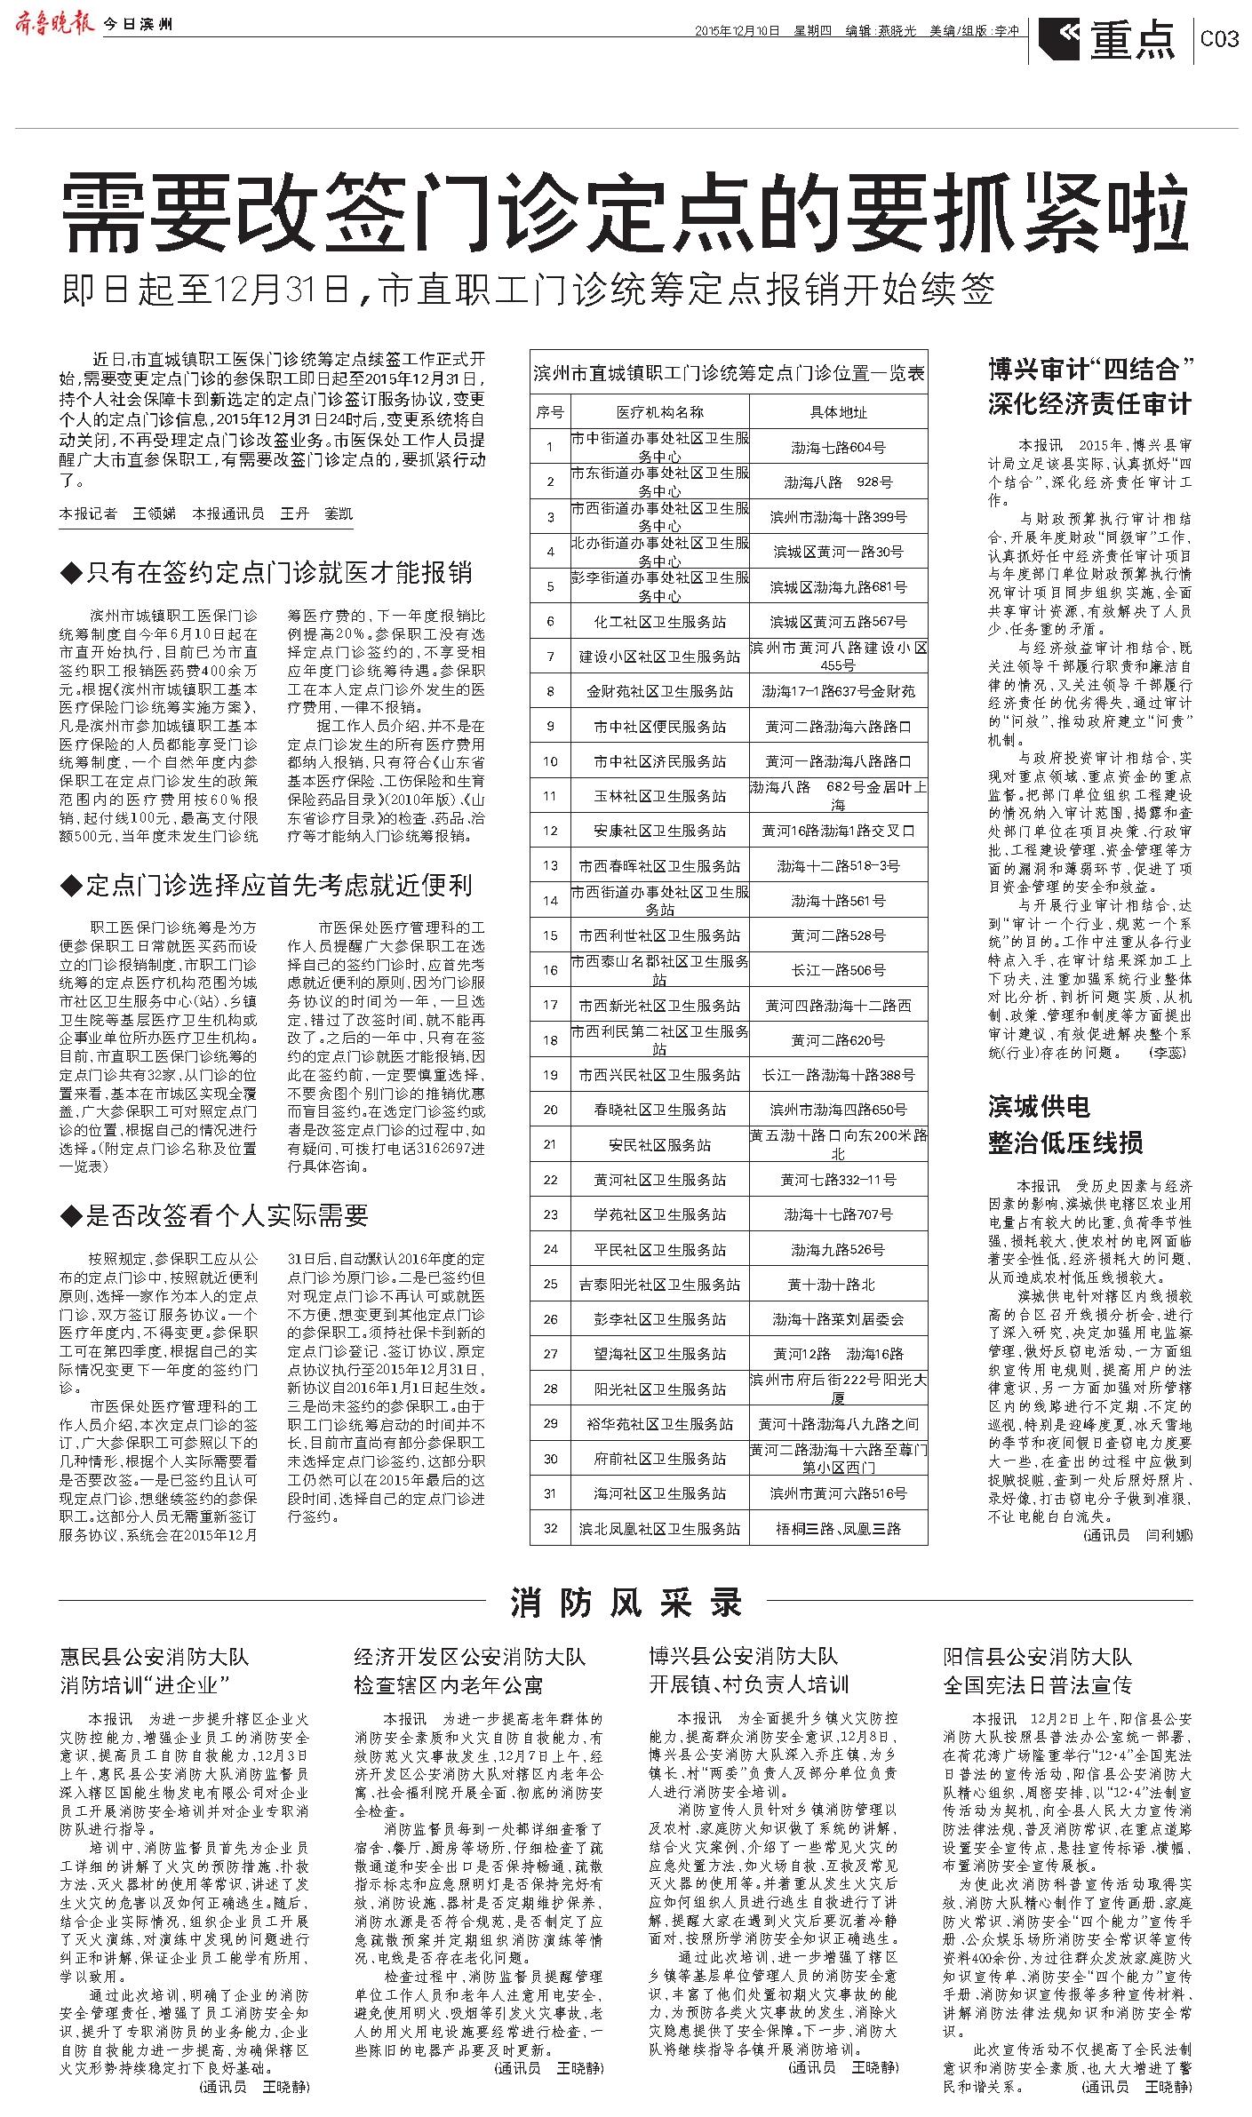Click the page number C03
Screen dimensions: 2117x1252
click(1218, 40)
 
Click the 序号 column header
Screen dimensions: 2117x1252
click(550, 412)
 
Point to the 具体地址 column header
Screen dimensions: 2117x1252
click(838, 412)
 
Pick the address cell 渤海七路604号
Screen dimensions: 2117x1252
click(838, 448)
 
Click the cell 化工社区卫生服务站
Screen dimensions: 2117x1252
click(659, 622)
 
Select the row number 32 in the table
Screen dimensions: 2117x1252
click(550, 1528)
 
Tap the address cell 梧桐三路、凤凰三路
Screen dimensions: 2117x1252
click(838, 1528)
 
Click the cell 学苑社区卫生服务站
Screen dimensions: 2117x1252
click(659, 1214)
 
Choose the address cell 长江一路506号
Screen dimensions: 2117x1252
click(838, 970)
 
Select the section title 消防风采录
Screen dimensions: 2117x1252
click(626, 1602)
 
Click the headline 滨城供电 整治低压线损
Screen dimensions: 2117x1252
click(1065, 1125)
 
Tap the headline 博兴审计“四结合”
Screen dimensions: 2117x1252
click(1089, 368)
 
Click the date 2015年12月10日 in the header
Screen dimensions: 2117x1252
click(737, 30)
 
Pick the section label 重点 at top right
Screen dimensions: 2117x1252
click(1132, 40)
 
